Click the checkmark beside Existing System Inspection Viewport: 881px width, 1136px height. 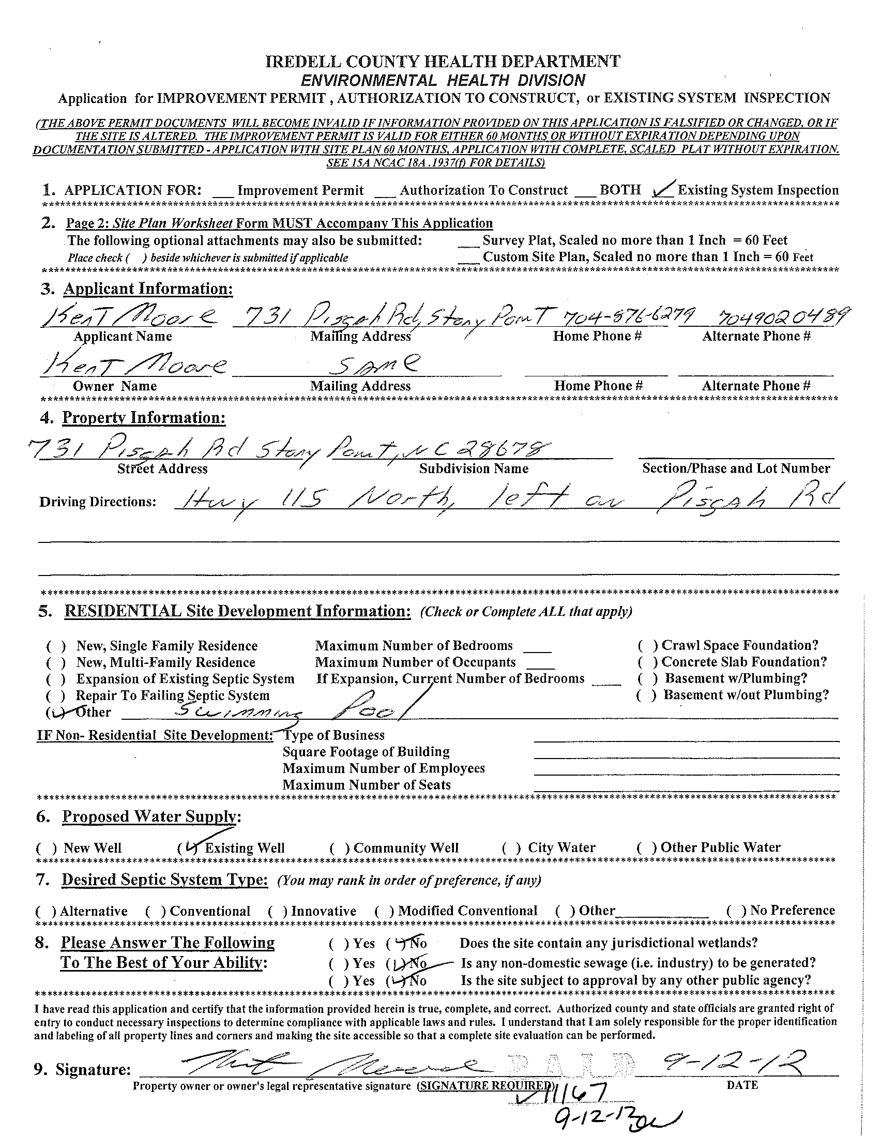pyautogui.click(x=664, y=189)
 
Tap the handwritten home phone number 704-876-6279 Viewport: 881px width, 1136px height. pyautogui.click(x=615, y=314)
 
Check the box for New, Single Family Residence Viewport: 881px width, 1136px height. pyautogui.click(x=56, y=646)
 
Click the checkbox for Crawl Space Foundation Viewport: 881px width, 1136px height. pyautogui.click(x=647, y=646)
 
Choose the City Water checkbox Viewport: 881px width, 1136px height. pyautogui.click(x=512, y=848)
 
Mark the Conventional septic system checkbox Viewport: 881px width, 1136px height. pyautogui.click(x=156, y=911)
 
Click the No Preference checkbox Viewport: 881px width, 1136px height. pyautogui.click(x=736, y=911)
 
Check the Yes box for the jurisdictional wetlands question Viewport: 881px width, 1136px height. pyautogui.click(x=338, y=944)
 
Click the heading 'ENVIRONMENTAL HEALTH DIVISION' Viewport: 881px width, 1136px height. pyautogui.click(x=443, y=80)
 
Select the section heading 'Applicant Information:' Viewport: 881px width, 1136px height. pyautogui.click(x=148, y=289)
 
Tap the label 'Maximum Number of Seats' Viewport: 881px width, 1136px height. pyautogui.click(x=366, y=785)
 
